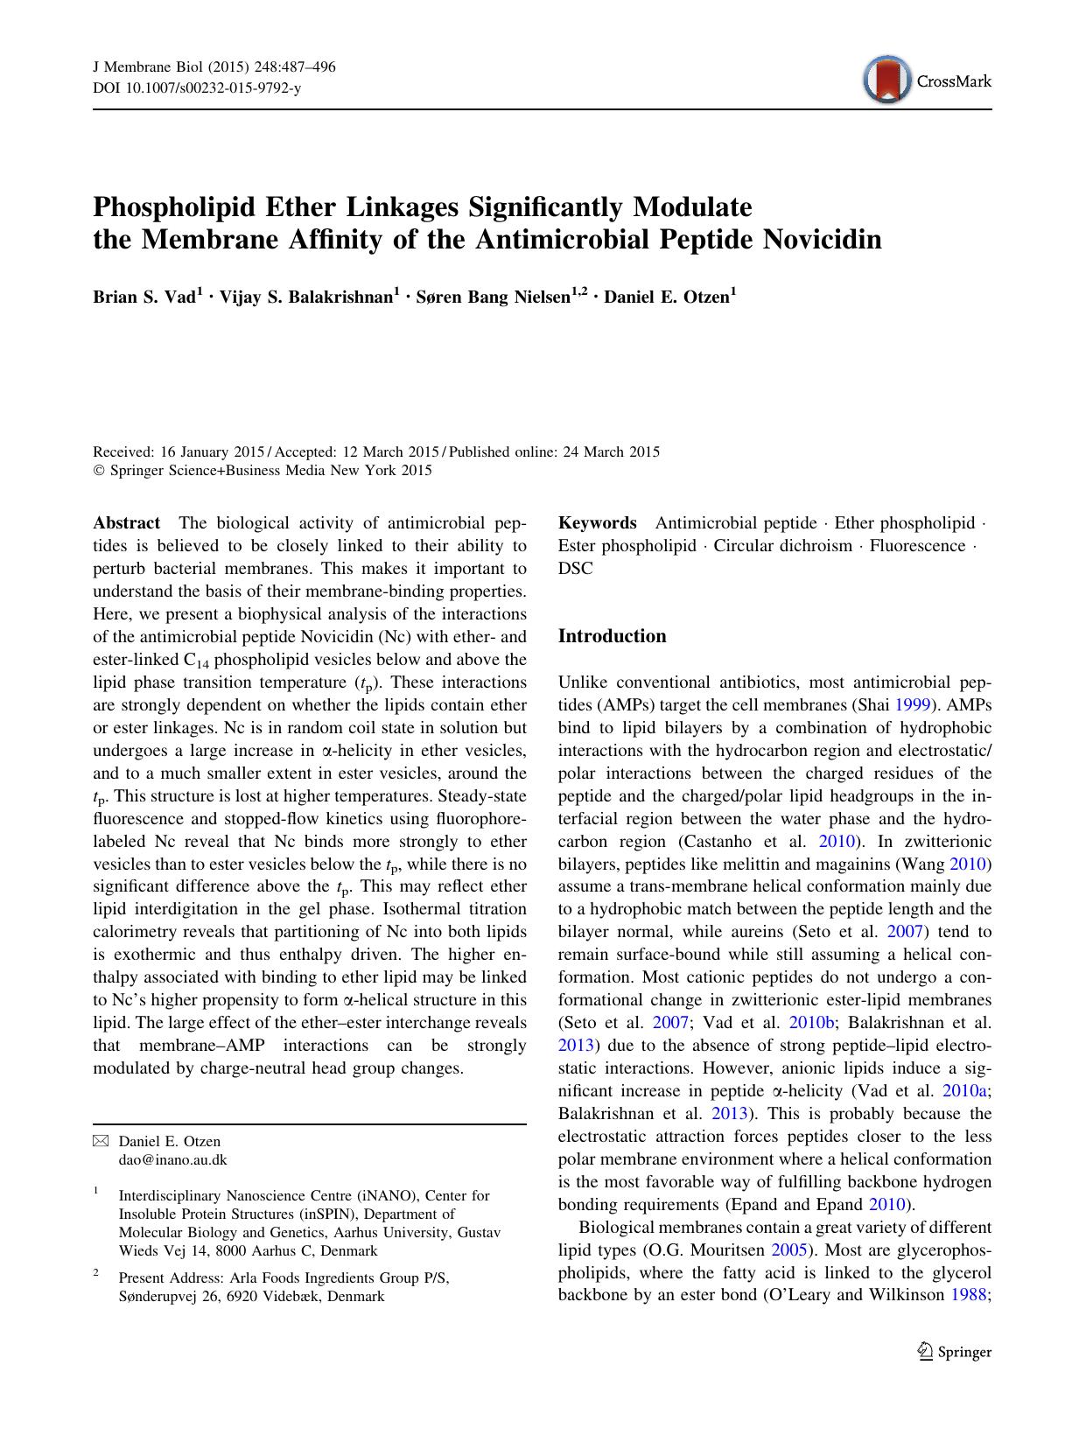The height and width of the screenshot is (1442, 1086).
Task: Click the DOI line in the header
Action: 196,89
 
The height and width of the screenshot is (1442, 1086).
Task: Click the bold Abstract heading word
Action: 127,523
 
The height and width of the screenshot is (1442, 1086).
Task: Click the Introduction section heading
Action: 612,636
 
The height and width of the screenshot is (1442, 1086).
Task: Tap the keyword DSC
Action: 575,569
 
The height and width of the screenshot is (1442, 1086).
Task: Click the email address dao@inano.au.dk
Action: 172,1159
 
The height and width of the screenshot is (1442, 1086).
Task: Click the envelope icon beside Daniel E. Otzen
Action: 102,1141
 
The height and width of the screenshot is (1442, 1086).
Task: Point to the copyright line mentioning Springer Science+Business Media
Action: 263,471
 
